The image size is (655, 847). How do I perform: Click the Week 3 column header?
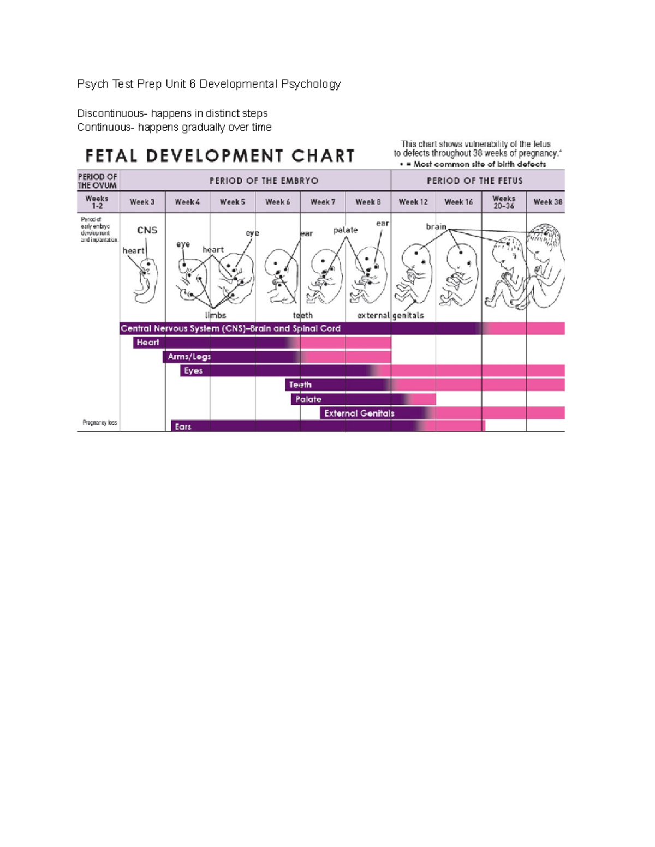tap(142, 202)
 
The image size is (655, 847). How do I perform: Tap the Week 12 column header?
tap(413, 202)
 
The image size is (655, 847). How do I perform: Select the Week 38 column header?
tap(547, 202)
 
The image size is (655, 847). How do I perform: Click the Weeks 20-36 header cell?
tap(503, 202)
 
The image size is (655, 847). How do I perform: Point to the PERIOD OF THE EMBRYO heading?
tap(264, 181)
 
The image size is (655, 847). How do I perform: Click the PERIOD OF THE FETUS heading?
tap(474, 181)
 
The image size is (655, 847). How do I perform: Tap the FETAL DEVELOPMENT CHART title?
tap(220, 157)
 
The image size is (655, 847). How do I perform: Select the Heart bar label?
tap(147, 343)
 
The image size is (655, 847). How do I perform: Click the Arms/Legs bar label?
tap(189, 357)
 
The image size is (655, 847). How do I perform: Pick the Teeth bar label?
tap(300, 385)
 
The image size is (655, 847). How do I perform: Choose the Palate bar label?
tap(308, 399)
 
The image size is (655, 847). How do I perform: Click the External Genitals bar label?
tap(359, 413)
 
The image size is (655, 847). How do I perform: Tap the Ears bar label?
tap(183, 426)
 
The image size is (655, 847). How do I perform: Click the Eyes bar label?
tap(193, 371)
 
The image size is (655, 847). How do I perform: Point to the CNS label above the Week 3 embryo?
tap(147, 230)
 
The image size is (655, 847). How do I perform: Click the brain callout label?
tap(436, 226)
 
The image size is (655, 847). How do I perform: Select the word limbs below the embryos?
tap(216, 315)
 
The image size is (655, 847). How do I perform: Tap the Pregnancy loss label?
tap(100, 423)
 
